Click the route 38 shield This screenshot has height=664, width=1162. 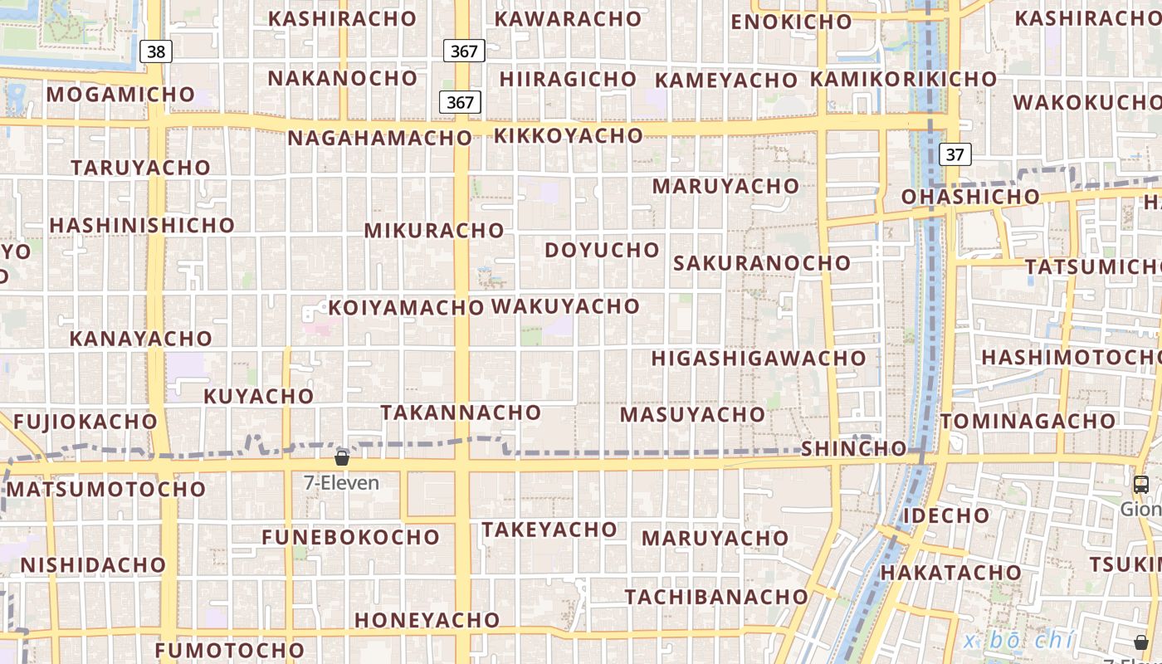(x=155, y=51)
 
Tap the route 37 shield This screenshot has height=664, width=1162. (x=955, y=154)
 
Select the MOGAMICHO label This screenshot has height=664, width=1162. (x=120, y=94)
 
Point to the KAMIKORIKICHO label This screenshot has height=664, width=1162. (x=903, y=79)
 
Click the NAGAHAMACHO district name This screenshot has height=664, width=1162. (x=379, y=138)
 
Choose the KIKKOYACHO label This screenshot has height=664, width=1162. (x=569, y=135)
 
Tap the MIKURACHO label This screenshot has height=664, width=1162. (x=434, y=230)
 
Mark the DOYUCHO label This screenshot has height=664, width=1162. (x=602, y=250)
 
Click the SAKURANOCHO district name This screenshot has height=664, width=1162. (x=762, y=263)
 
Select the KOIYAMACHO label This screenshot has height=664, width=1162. (x=406, y=308)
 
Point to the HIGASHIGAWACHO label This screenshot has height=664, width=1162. (x=759, y=359)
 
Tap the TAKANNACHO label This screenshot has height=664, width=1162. (x=461, y=412)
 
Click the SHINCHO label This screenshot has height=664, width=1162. (x=853, y=448)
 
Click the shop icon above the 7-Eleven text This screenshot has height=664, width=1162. (x=341, y=457)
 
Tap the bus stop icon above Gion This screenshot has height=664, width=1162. (x=1141, y=485)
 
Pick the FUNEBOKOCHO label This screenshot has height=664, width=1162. (x=350, y=537)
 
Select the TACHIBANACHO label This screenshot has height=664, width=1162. (x=716, y=597)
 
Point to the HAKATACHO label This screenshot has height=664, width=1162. (x=950, y=573)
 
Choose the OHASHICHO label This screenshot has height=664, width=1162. (x=970, y=197)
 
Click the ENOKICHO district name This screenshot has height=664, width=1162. (x=791, y=22)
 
